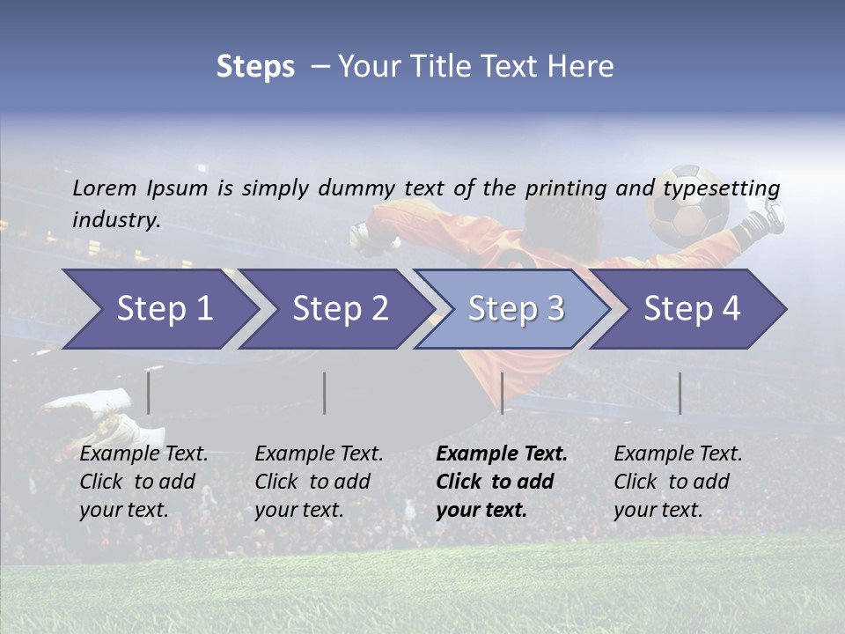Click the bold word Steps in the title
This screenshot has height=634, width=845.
coord(255,67)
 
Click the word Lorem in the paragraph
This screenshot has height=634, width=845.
coord(105,188)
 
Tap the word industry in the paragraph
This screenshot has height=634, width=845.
coord(115,219)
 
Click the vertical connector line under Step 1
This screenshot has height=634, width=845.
coord(148,393)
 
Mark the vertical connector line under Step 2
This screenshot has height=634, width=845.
coord(325,393)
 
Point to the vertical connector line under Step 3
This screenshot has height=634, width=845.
coord(502,393)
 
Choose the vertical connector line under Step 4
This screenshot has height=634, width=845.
coord(680,393)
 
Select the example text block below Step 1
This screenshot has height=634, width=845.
coord(143,482)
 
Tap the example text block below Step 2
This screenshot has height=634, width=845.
coord(319,482)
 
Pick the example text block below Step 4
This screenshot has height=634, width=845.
coord(678,482)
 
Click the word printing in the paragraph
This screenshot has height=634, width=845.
coord(566,188)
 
